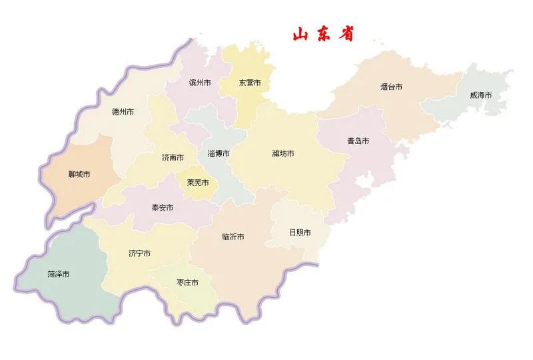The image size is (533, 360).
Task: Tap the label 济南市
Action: (x=173, y=159)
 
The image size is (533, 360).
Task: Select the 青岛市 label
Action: (x=358, y=141)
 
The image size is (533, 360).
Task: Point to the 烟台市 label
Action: (x=391, y=87)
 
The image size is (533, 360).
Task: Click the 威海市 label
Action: (x=480, y=95)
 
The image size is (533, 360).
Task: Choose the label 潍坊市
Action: (x=283, y=154)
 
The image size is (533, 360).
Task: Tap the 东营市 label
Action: (x=250, y=83)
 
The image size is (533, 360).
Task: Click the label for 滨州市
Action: (x=199, y=83)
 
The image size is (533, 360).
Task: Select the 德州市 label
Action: (x=123, y=112)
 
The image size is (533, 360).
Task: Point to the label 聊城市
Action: (x=79, y=175)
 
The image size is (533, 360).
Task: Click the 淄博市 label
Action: (x=219, y=153)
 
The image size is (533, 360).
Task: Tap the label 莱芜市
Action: (x=198, y=183)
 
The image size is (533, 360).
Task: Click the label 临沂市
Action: (x=233, y=237)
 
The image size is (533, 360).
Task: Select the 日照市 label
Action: (x=300, y=233)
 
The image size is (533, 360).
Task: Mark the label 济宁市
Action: (x=139, y=254)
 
